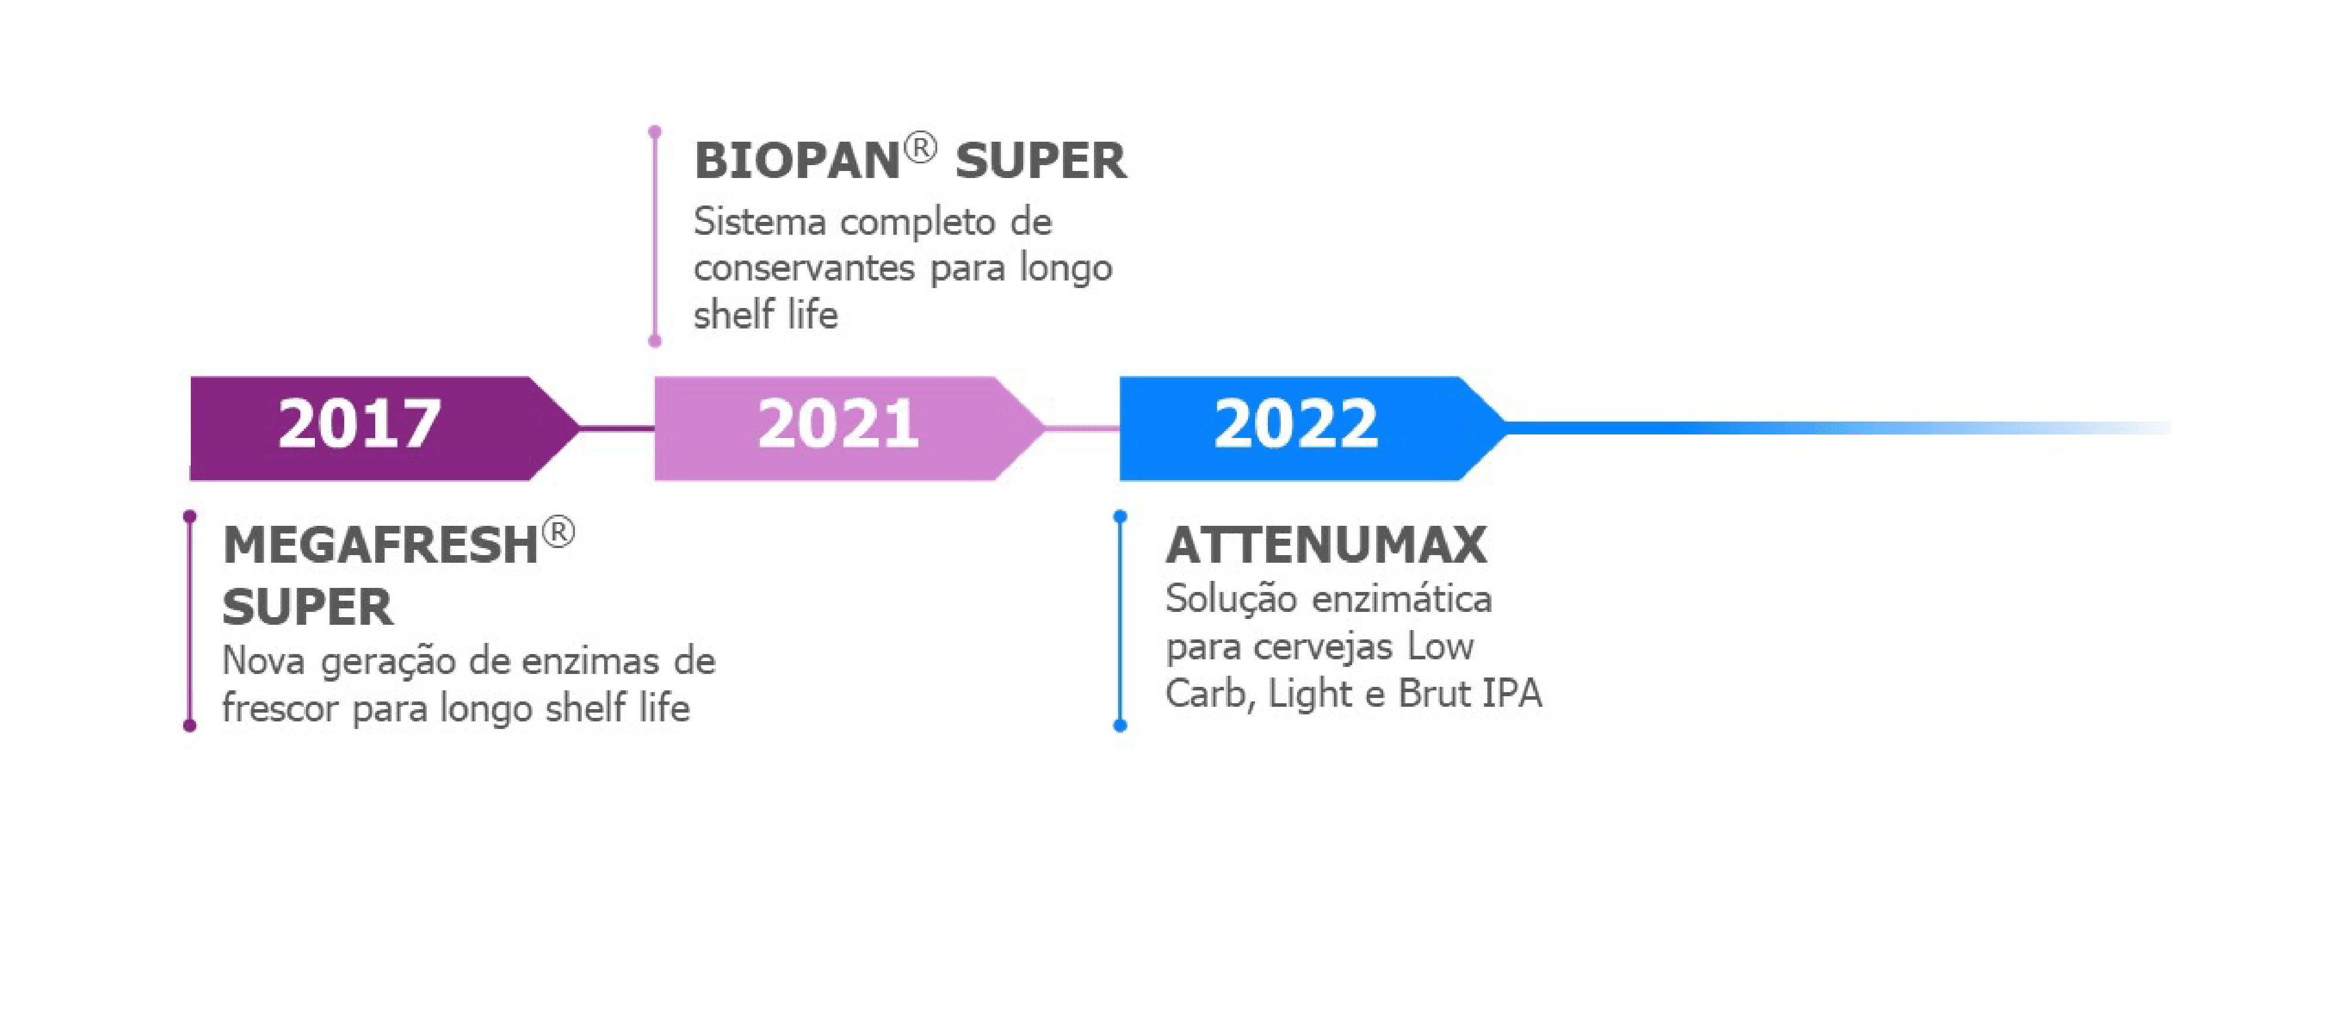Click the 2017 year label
[359, 425]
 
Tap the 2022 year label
[1295, 425]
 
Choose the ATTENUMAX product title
[1326, 546]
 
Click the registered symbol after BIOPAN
[920, 148]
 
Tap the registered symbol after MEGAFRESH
[558, 533]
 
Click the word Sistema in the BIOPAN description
[760, 222]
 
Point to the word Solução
[1232, 599]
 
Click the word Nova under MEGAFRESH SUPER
[263, 661]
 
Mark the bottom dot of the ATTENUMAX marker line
[1120, 725]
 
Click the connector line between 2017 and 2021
[618, 427]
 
